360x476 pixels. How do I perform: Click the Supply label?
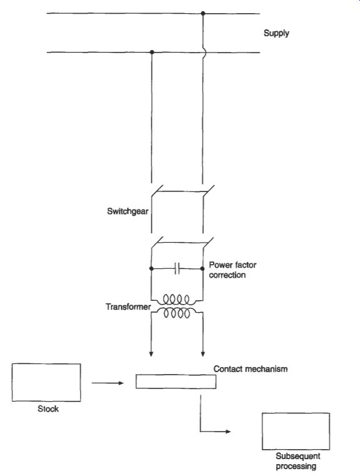276,33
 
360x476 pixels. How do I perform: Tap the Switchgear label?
128,211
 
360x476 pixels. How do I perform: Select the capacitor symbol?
177,269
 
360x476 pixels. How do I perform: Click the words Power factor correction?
232,270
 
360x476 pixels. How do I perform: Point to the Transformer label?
128,306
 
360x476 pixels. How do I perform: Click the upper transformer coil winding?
177,300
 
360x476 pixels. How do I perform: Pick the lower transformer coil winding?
177,313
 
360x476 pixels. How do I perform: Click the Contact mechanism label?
250,369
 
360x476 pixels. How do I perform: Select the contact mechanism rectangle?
176,382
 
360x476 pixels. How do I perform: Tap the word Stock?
48,409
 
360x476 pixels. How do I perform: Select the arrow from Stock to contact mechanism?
108,383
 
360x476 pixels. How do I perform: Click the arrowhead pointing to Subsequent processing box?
228,432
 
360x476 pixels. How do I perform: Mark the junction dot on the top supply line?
203,13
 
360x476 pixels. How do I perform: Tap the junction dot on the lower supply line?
152,52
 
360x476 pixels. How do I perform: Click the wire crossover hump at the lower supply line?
205,53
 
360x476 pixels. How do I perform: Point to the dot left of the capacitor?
152,269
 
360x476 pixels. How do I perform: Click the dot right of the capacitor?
203,269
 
